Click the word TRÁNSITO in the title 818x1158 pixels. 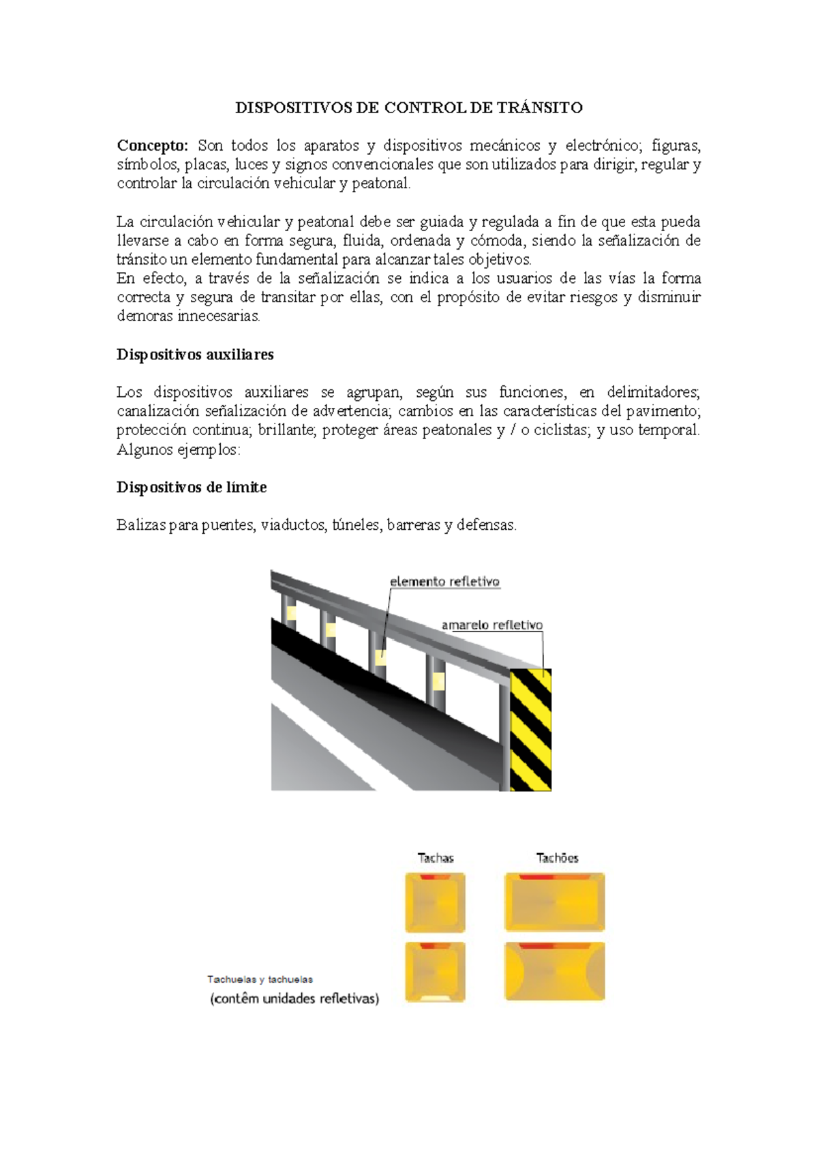click(x=539, y=108)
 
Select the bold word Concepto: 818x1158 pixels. click(x=152, y=145)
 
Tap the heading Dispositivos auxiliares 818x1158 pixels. click(x=195, y=355)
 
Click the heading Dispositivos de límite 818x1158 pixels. click(x=192, y=487)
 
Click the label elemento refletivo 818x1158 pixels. click(x=444, y=582)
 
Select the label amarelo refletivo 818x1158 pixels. click(x=491, y=625)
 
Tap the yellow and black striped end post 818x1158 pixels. click(x=531, y=730)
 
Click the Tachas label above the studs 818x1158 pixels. click(x=436, y=858)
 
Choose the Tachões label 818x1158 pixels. click(x=557, y=858)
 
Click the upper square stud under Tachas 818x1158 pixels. click(x=435, y=902)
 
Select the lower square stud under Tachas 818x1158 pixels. click(x=435, y=972)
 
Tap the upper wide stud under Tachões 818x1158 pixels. click(x=554, y=902)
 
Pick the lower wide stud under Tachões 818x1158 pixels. click(x=554, y=972)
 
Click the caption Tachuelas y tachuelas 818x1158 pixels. click(x=260, y=979)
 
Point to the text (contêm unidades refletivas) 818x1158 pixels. click(x=294, y=998)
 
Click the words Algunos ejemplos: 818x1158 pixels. click(x=179, y=449)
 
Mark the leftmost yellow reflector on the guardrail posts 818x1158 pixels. click(x=291, y=613)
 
